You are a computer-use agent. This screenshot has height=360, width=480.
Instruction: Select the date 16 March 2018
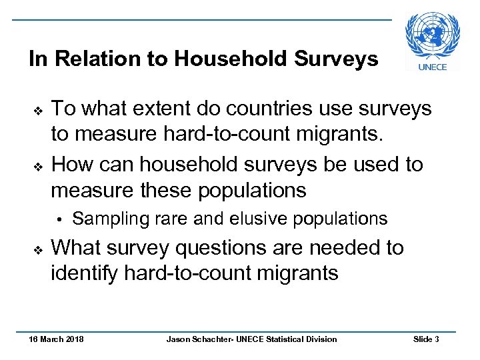56,339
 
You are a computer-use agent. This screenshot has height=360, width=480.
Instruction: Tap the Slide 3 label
426,339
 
